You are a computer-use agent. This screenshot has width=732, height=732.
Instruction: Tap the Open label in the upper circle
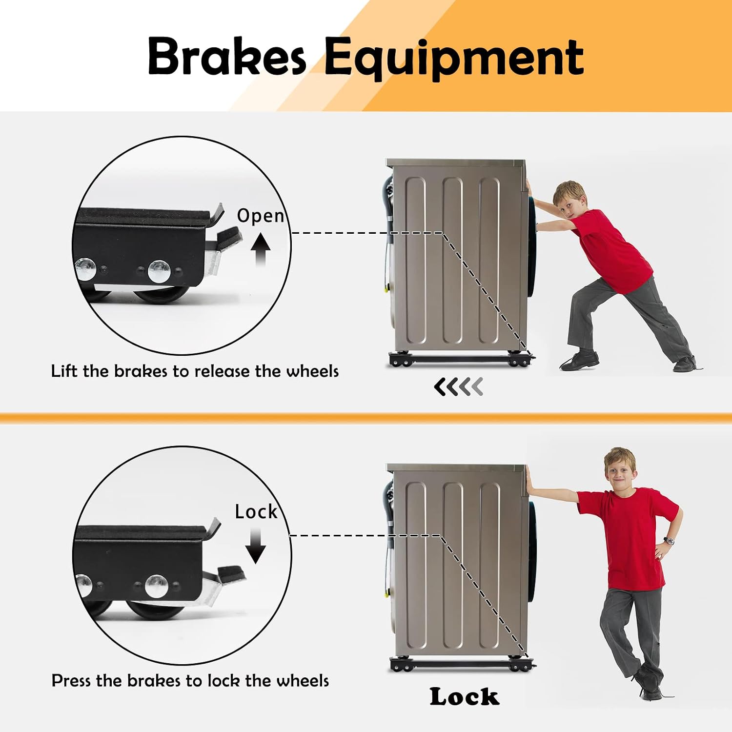coord(261,216)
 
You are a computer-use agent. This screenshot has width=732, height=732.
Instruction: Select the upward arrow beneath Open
coord(261,249)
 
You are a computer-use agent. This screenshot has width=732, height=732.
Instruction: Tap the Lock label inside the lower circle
coord(256,511)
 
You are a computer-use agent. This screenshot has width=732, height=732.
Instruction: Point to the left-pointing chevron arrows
coord(458,386)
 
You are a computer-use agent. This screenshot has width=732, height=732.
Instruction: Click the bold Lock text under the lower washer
coord(465,696)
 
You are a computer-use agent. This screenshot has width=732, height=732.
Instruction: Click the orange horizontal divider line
coord(366,418)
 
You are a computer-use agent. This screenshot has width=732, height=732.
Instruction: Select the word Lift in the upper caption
coord(65,371)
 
